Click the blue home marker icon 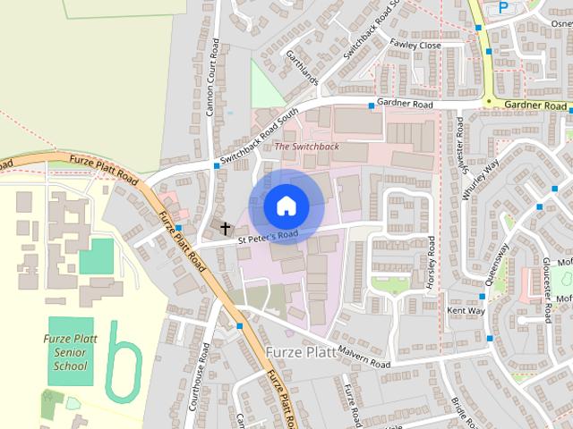point(286,206)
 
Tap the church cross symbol point(224,230)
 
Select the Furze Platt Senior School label point(70,352)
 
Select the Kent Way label point(466,311)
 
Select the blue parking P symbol point(503,6)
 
